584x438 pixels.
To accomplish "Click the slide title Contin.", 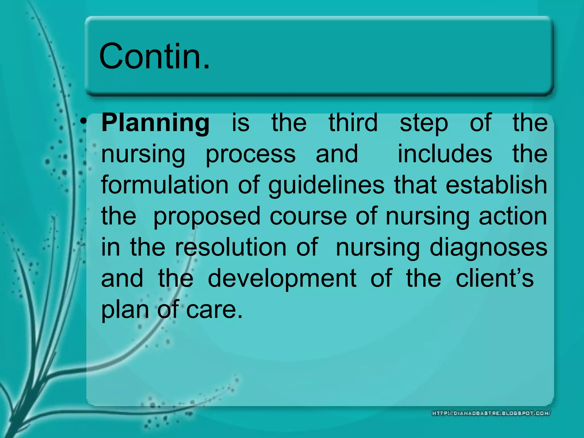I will tap(154, 56).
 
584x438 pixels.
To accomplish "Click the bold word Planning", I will tap(155, 123).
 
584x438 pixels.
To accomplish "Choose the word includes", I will tap(445, 154).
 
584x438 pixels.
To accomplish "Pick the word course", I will tap(308, 216).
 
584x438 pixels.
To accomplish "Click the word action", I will tap(513, 216).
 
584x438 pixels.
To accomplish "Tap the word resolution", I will tap(230, 247).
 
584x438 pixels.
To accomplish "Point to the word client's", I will tap(494, 278).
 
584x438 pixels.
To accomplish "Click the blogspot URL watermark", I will tap(491, 413).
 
